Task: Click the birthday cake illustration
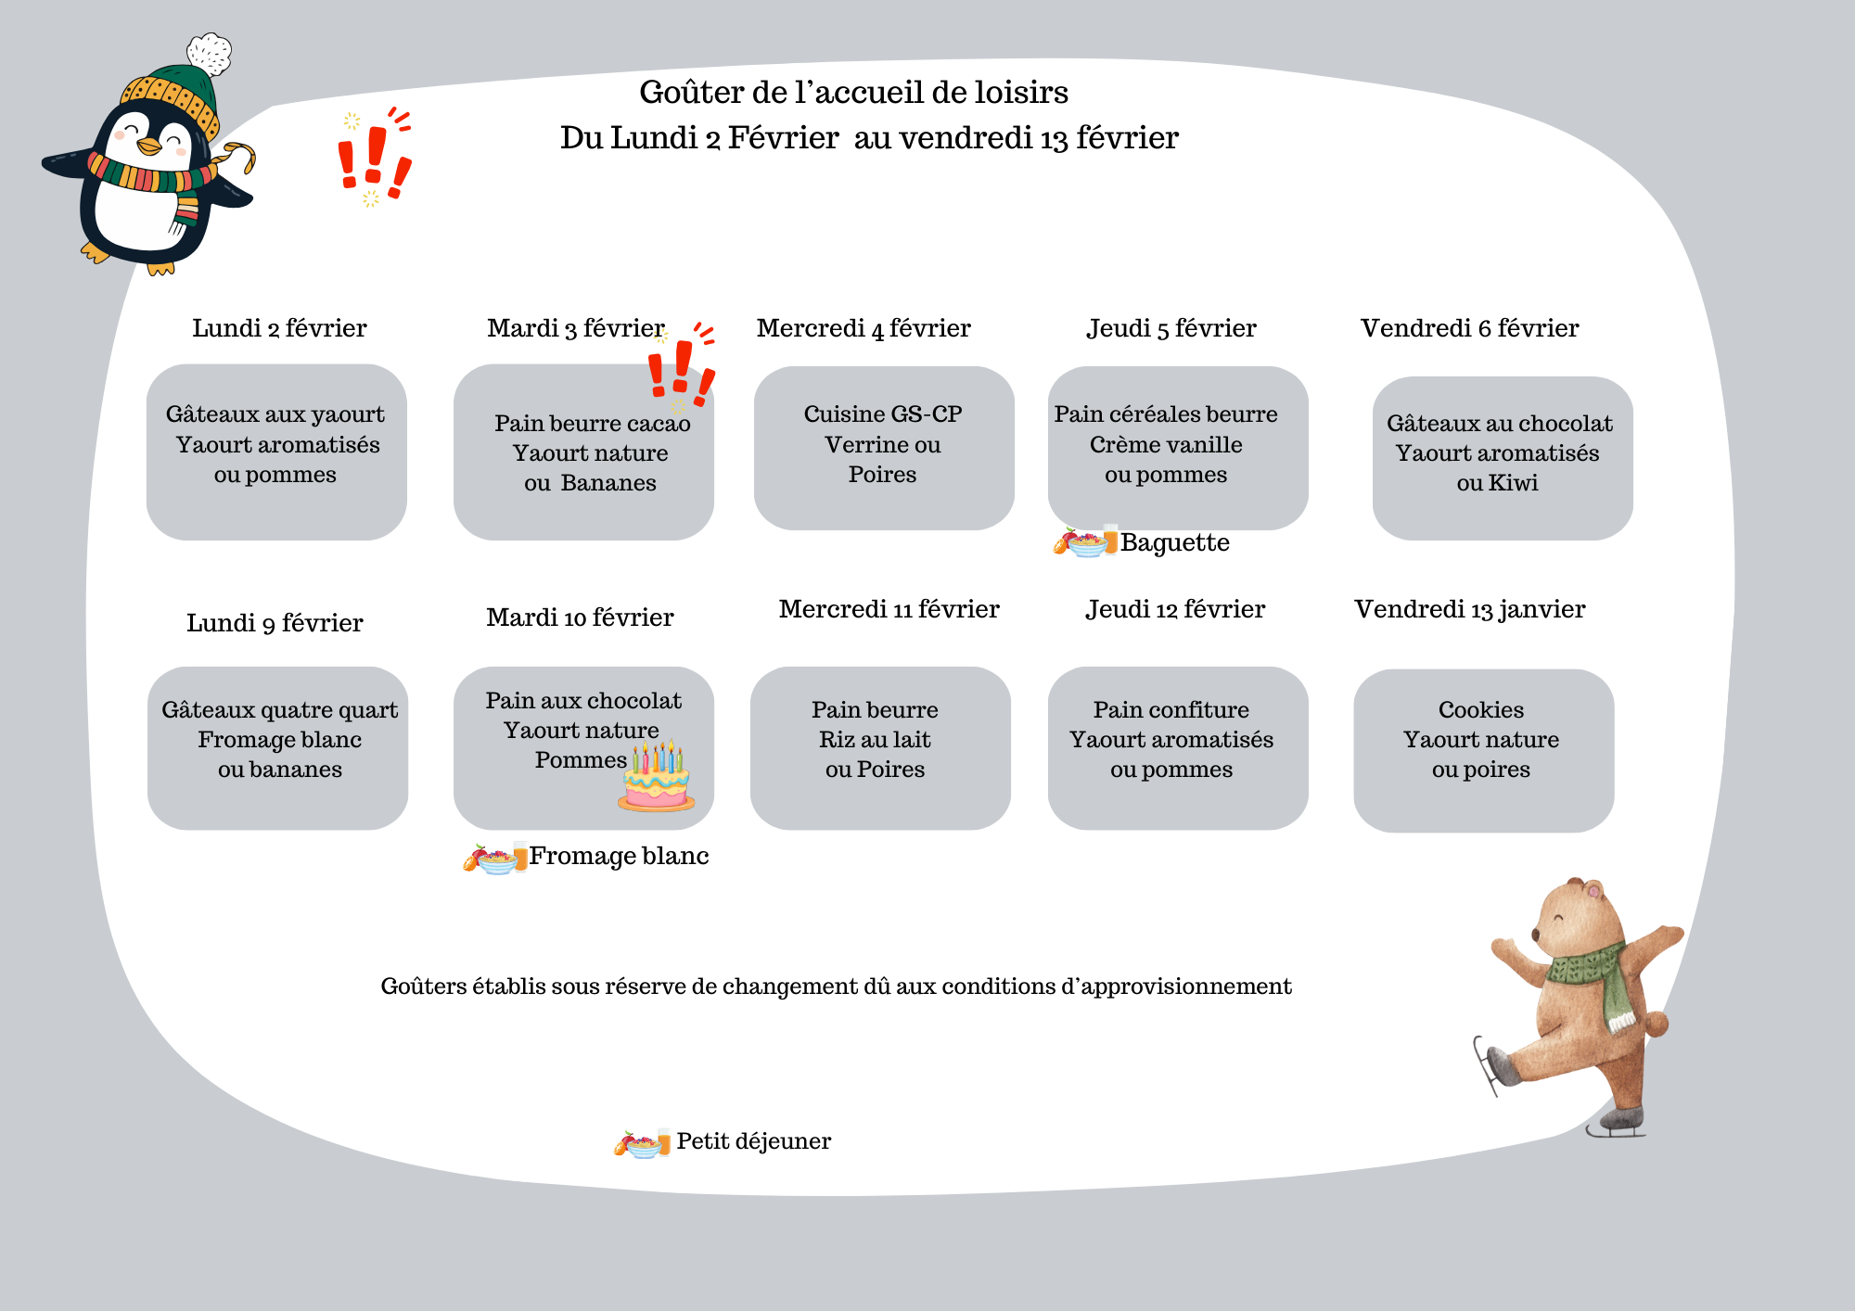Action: (657, 779)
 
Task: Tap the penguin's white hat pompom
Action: (210, 54)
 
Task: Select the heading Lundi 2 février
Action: (279, 328)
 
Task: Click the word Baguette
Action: (1174, 542)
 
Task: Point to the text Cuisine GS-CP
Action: (882, 414)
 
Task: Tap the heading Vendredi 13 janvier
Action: (1469, 609)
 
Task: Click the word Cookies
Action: (1480, 710)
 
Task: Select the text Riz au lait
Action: (875, 740)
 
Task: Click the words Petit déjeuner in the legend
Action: (753, 1141)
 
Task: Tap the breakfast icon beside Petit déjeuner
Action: (641, 1143)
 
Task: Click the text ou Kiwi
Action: (1497, 483)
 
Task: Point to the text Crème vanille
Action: (1166, 445)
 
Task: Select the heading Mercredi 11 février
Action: (889, 609)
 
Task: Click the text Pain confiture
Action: (1171, 710)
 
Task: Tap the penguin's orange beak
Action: (148, 146)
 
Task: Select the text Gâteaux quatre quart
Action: (279, 710)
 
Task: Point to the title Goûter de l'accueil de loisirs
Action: (853, 93)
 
